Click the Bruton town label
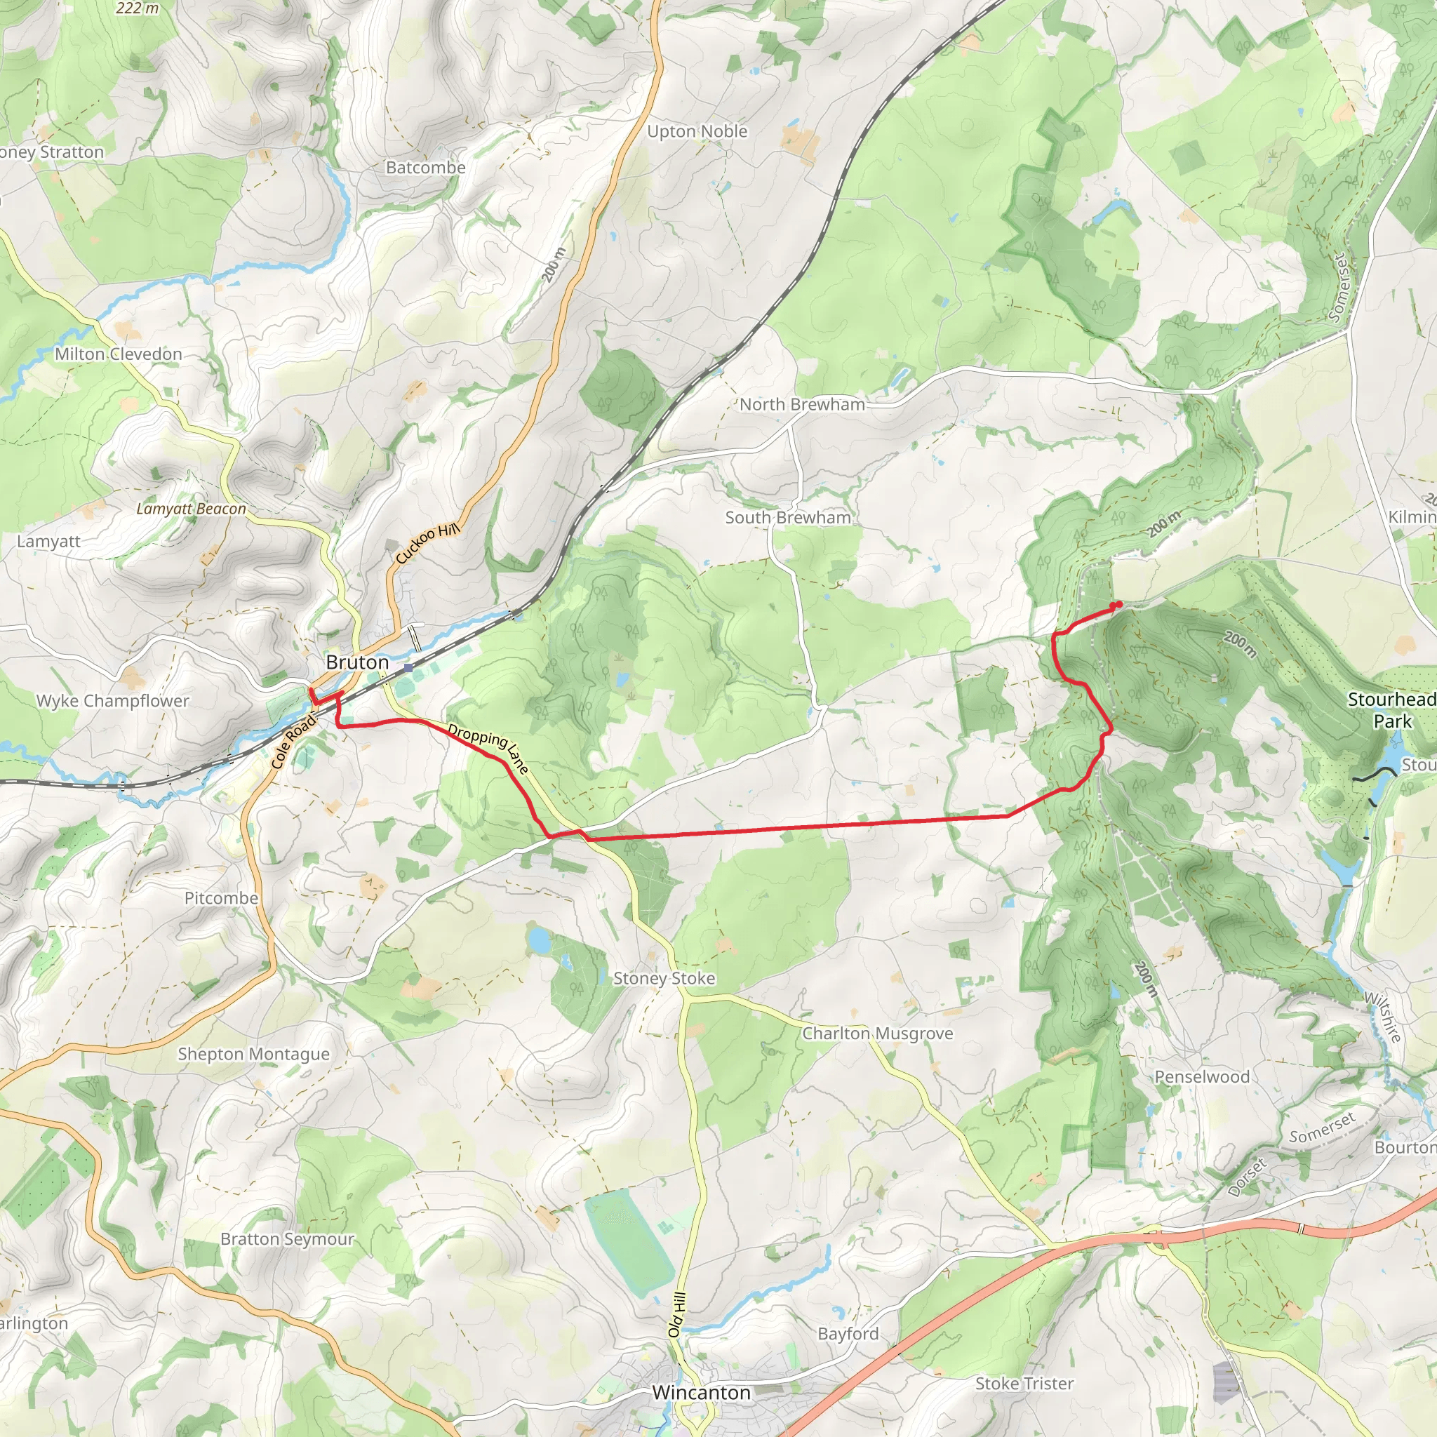click(357, 662)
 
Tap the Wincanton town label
click(701, 1392)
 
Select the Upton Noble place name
click(697, 132)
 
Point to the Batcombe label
click(425, 168)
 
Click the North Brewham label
click(802, 405)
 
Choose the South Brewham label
click(788, 518)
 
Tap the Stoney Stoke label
click(664, 979)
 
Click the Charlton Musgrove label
click(877, 1034)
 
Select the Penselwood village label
click(1201, 1077)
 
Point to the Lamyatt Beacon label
click(191, 509)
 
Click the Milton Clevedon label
click(119, 354)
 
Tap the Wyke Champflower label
click(112, 701)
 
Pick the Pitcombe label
click(221, 899)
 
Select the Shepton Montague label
click(253, 1054)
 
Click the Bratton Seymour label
click(287, 1239)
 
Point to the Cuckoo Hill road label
click(428, 543)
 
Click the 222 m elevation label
click(138, 8)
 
